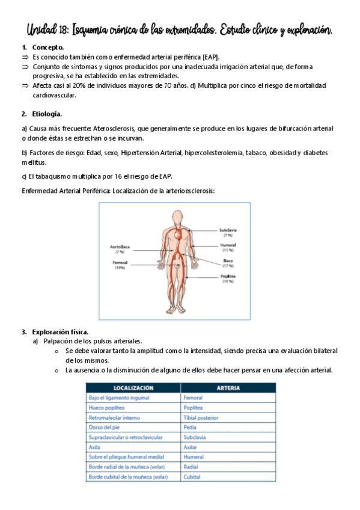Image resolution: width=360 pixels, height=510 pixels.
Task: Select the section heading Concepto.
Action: pos(49,47)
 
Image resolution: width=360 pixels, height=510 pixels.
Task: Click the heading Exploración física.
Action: pos(61,331)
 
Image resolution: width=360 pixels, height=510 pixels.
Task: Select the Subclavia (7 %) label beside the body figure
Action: pos(228,232)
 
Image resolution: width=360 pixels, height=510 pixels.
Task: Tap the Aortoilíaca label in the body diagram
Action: pos(120,250)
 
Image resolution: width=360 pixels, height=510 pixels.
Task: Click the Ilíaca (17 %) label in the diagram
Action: pos(227,263)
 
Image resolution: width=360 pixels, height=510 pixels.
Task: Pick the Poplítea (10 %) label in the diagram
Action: pos(227,278)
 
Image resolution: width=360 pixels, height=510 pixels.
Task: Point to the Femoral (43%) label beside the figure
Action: pos(120,265)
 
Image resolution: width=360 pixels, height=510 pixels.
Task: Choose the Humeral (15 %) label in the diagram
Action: pos(227,248)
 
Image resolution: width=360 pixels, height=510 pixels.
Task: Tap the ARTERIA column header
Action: pos(228,388)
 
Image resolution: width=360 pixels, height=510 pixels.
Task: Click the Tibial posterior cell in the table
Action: pos(201,417)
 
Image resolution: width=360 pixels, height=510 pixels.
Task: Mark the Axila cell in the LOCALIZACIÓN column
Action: pos(95,447)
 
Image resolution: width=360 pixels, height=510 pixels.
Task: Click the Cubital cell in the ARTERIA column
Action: pos(192,477)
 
